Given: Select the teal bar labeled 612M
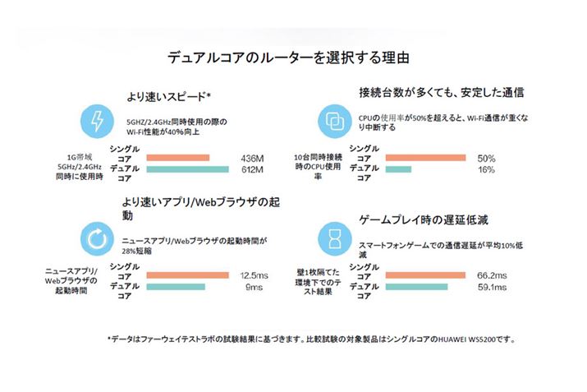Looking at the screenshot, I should coord(188,169).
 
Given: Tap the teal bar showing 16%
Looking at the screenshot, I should coord(400,169).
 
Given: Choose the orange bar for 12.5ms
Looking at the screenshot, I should coord(188,274).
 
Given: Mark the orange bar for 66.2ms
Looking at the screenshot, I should coord(428,274).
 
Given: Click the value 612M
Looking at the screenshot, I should coord(250,170).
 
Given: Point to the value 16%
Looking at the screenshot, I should coord(486,170).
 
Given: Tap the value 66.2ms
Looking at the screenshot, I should coord(491,275).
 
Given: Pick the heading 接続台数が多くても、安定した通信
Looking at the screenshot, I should coord(441,90).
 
